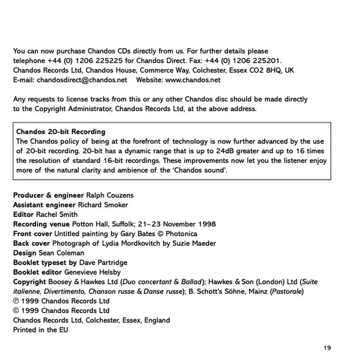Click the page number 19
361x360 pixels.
327,348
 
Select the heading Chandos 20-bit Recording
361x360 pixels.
61,132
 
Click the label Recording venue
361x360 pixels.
39,224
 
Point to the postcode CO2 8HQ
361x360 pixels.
267,70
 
